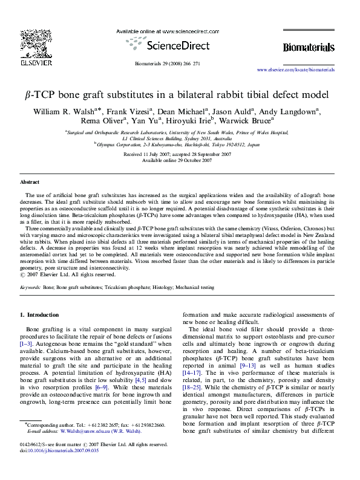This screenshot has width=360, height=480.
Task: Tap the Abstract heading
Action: [x=30, y=181]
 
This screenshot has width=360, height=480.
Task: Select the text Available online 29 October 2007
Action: [x=179, y=161]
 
